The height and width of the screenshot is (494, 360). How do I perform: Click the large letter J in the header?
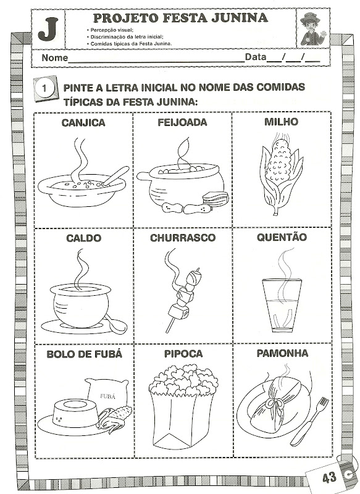click(48, 29)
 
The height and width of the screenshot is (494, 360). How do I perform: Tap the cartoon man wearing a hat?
click(312, 28)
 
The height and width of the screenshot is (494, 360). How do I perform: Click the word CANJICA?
click(83, 122)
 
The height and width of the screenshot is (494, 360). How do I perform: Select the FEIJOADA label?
click(182, 122)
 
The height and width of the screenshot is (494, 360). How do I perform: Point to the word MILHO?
click(281, 122)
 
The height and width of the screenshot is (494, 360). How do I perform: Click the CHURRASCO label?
click(183, 238)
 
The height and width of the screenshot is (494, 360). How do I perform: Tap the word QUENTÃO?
click(282, 237)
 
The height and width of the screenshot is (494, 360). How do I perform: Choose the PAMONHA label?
click(282, 353)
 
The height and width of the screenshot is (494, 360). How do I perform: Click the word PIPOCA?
click(183, 353)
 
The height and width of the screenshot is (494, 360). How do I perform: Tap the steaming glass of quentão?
click(282, 305)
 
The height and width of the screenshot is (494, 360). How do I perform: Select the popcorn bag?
click(183, 406)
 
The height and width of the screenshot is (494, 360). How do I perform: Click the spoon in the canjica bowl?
click(115, 176)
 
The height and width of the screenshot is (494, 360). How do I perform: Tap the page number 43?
click(329, 477)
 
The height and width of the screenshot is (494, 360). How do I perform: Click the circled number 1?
click(44, 88)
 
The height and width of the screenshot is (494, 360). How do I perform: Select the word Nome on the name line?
click(54, 58)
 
